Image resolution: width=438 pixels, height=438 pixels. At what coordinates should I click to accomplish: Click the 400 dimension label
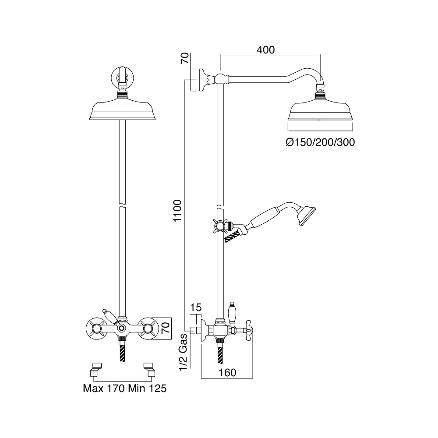[x=266, y=50]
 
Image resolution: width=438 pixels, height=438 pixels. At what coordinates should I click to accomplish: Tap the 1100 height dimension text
[x=177, y=211]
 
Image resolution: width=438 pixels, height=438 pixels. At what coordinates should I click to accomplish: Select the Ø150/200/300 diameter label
[x=320, y=142]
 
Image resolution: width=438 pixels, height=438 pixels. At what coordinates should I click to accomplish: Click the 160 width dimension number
[x=227, y=373]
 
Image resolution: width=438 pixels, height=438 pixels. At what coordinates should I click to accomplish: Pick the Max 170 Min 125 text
[x=124, y=388]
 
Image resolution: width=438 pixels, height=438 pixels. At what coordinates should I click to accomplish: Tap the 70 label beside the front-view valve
[x=166, y=327]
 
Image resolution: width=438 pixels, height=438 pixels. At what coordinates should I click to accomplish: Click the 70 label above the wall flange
[x=185, y=58]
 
